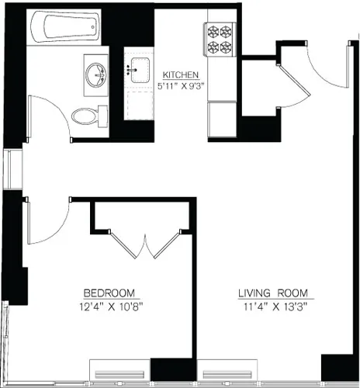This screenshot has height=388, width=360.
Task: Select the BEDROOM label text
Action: click(x=109, y=293)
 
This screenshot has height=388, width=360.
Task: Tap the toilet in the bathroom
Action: click(x=87, y=116)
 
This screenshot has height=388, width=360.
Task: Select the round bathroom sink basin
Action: click(x=97, y=75)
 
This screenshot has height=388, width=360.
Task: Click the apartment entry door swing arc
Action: click(x=320, y=74)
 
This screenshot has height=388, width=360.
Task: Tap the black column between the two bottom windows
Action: click(x=164, y=370)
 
